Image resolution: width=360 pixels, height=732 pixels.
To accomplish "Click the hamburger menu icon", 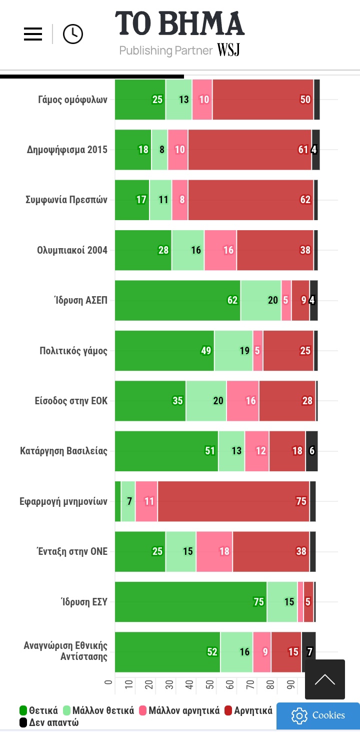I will pyautogui.click(x=33, y=34).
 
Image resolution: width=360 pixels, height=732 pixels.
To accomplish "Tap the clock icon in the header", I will pyautogui.click(x=73, y=34).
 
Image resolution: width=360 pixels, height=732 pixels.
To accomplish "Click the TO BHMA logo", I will pyautogui.click(x=179, y=24).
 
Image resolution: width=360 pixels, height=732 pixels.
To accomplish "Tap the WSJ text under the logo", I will pyautogui.click(x=228, y=50).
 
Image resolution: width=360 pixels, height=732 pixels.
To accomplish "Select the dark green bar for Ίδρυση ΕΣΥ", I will pyautogui.click(x=190, y=602).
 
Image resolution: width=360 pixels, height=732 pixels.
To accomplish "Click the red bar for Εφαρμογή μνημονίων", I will pyautogui.click(x=233, y=501).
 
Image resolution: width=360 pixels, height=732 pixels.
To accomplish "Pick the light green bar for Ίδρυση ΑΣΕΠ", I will pyautogui.click(x=260, y=301).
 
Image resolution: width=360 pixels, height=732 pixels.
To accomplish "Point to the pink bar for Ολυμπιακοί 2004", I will pyautogui.click(x=220, y=250).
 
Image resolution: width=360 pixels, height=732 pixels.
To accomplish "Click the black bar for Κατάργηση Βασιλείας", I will pyautogui.click(x=311, y=451).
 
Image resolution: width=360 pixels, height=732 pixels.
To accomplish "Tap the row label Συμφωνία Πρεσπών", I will pyautogui.click(x=66, y=200).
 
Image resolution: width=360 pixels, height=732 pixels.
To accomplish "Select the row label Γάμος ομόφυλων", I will pyautogui.click(x=72, y=100).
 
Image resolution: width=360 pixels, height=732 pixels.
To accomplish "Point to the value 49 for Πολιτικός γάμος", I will pyautogui.click(x=206, y=351).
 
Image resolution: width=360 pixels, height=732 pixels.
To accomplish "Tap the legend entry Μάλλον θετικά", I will pyautogui.click(x=98, y=710).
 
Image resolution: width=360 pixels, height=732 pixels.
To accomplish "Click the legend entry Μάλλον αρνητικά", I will pyautogui.click(x=179, y=710).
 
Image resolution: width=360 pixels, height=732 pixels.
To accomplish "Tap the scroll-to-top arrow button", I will pyautogui.click(x=325, y=679).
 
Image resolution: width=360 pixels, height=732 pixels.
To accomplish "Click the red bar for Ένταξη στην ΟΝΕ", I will pyautogui.click(x=270, y=551).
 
